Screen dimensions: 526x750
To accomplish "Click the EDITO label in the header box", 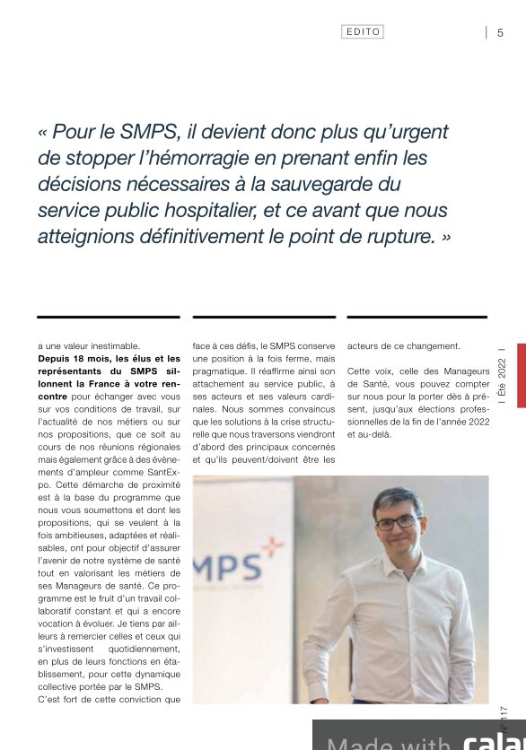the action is point(364,31).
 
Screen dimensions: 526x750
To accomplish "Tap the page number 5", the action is point(500,33).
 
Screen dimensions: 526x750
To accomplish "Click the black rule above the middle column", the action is point(251,317).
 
